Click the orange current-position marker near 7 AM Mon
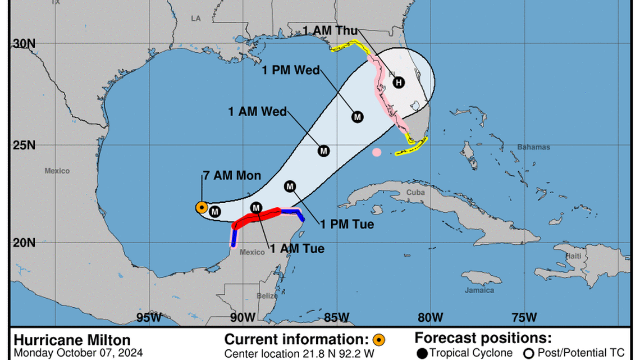[x=201, y=208]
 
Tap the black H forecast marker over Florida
[x=398, y=83]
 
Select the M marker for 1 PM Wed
[x=357, y=117]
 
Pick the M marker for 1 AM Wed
[x=323, y=151]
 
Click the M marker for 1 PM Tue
[x=290, y=186]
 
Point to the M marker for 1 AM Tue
[x=256, y=208]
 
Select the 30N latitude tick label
[x=24, y=44]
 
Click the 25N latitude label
[x=24, y=145]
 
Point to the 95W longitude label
[x=149, y=318]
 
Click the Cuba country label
[x=415, y=192]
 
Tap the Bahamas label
[x=533, y=147]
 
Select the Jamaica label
[x=479, y=290]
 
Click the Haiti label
[x=573, y=256]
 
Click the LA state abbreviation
[x=195, y=19]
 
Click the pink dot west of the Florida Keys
[x=377, y=152]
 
